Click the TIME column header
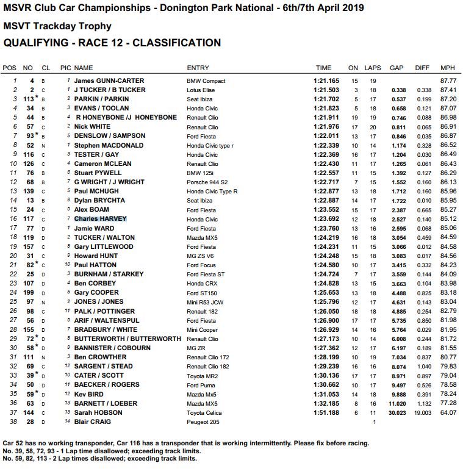(x=323, y=68)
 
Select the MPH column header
(x=448, y=68)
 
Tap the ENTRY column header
(x=198, y=68)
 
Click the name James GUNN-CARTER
(x=109, y=81)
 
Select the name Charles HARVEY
(x=101, y=219)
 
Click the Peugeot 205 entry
(x=203, y=422)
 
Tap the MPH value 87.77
(x=448, y=81)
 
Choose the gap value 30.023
(x=397, y=412)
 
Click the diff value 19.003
(x=422, y=412)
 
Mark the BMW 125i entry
(x=200, y=173)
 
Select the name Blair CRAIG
(x=93, y=422)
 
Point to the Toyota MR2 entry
(x=202, y=376)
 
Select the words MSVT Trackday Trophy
(x=57, y=26)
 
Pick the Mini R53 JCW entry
(x=205, y=302)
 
